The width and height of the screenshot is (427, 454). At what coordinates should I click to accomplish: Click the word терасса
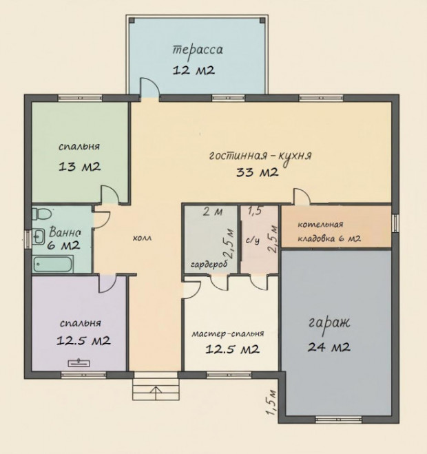pyautogui.click(x=198, y=51)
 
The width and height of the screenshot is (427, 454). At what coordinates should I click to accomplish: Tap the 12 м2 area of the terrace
pyautogui.click(x=194, y=70)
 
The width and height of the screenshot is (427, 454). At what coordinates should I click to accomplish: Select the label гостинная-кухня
pyautogui.click(x=260, y=156)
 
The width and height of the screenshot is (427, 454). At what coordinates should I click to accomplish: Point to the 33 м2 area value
pyautogui.click(x=258, y=172)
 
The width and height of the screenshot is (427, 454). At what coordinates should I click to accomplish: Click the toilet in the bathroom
pyautogui.click(x=41, y=214)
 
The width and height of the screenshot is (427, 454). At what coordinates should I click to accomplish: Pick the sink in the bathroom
pyautogui.click(x=38, y=236)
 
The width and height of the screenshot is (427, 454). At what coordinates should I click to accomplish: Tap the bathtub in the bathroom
pyautogui.click(x=52, y=264)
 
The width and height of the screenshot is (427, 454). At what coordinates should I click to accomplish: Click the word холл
pyautogui.click(x=142, y=238)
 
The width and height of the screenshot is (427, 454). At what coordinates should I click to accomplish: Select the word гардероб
pyautogui.click(x=209, y=265)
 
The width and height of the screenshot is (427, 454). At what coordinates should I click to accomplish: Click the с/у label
pyautogui.click(x=253, y=240)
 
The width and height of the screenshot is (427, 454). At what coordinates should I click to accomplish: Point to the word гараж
pyautogui.click(x=329, y=323)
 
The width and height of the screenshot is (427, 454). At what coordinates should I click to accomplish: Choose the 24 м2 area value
pyautogui.click(x=329, y=347)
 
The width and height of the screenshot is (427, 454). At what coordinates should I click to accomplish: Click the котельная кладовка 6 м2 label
pyautogui.click(x=329, y=231)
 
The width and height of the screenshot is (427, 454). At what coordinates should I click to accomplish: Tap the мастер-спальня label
pyautogui.click(x=228, y=333)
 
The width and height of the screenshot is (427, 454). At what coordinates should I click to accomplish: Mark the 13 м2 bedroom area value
pyautogui.click(x=80, y=167)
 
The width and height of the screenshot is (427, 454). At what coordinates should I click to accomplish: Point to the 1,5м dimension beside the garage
pyautogui.click(x=271, y=403)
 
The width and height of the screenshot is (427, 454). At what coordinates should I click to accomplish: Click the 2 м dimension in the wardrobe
pyautogui.click(x=213, y=212)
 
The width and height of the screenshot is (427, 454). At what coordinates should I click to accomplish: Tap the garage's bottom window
pyautogui.click(x=338, y=420)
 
